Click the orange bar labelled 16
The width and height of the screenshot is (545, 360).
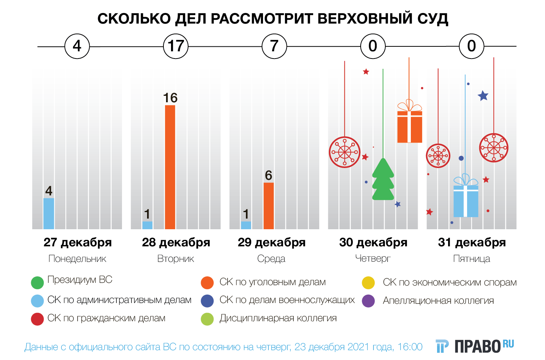tap(170, 167)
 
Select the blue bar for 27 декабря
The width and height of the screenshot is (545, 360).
tap(49, 213)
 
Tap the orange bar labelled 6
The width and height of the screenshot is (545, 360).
tap(268, 206)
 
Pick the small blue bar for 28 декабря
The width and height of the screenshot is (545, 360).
tap(147, 225)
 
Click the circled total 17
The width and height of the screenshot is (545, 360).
tap(176, 46)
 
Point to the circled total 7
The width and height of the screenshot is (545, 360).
tap(274, 46)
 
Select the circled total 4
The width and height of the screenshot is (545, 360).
tap(77, 46)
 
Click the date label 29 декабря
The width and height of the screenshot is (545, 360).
tap(271, 242)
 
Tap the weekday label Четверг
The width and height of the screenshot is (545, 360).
tap(372, 259)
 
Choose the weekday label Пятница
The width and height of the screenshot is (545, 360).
tap(471, 259)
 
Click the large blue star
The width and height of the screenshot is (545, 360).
tap(483, 96)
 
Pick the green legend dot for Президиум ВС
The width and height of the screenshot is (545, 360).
tap(37, 282)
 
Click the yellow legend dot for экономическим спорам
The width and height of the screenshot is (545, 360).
tap(368, 282)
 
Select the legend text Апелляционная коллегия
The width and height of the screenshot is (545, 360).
tap(438, 301)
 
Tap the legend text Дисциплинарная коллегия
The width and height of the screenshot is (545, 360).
tap(278, 318)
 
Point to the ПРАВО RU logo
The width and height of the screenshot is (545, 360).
tap(475, 346)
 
